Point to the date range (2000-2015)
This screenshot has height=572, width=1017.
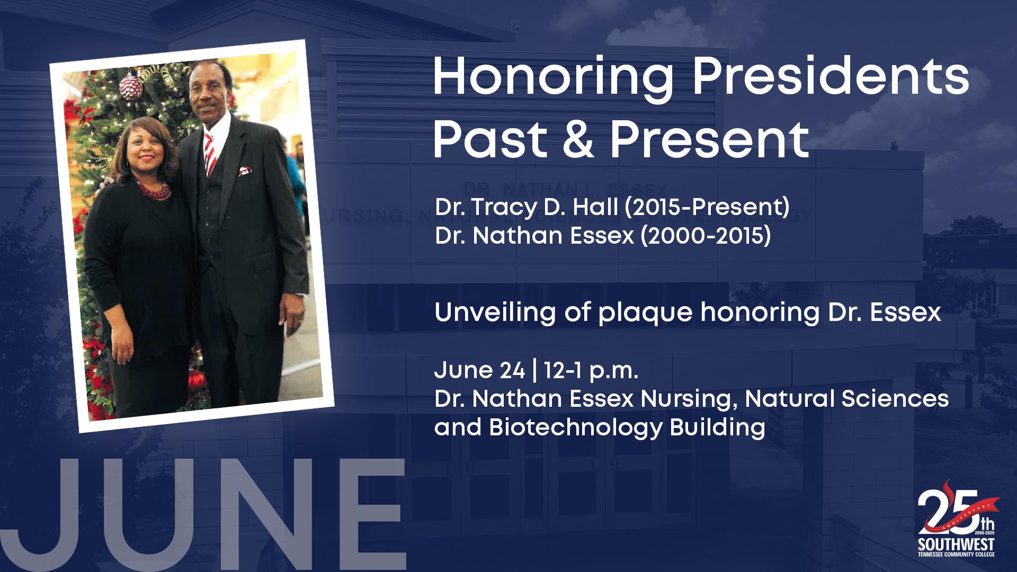[x=706, y=236]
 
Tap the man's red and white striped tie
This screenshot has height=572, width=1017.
[x=210, y=155]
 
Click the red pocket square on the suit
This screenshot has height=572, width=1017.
[x=244, y=171]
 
